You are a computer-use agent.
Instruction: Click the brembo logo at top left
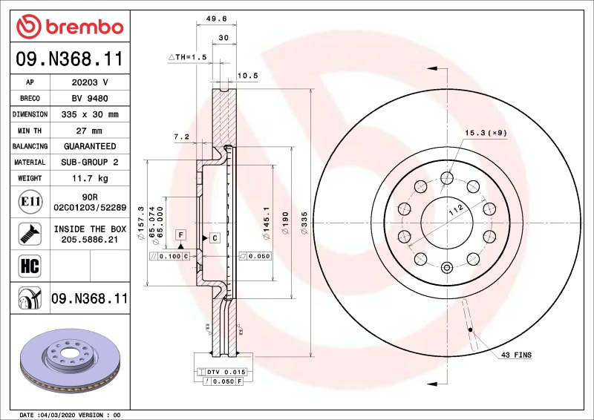(x=69, y=27)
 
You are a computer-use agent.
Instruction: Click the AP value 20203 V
(x=90, y=82)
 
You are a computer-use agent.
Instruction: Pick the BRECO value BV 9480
(x=90, y=99)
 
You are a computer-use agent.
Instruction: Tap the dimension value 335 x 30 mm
(x=90, y=115)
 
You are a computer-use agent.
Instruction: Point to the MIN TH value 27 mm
(x=90, y=131)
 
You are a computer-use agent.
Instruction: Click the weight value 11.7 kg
(x=90, y=178)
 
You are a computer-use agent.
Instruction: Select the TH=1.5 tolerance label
(x=186, y=56)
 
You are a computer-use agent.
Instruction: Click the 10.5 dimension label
(x=247, y=76)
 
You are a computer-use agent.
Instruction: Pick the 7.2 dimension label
(x=181, y=137)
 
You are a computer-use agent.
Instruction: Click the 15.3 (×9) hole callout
(x=486, y=133)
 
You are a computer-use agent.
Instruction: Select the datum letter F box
(x=180, y=234)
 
